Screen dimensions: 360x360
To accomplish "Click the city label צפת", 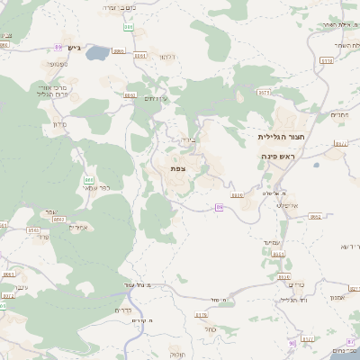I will pos(178,167).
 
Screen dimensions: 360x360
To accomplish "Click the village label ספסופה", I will pos(58,63).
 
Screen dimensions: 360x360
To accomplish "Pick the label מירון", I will pos(60,123).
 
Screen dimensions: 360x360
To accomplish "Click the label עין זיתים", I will pos(157,98).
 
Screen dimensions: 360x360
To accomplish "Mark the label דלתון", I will pos(167,57).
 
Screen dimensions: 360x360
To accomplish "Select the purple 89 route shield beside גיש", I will pos(58,47).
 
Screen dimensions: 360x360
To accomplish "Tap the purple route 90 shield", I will pos(292,343).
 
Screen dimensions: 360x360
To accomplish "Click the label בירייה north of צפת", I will pos(187,139).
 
